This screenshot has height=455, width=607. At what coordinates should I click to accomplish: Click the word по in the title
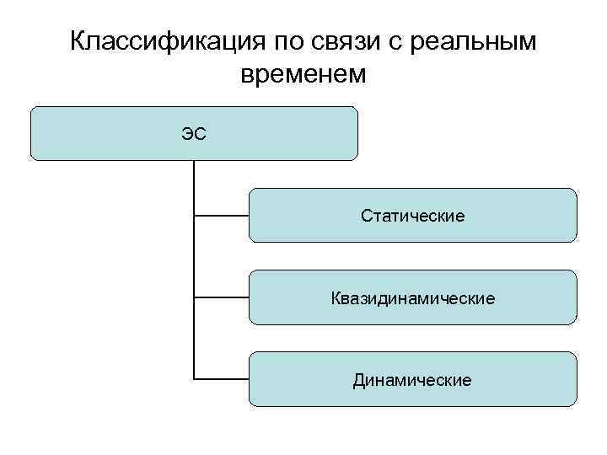click(288, 41)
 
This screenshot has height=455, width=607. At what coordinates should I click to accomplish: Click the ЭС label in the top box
click(194, 133)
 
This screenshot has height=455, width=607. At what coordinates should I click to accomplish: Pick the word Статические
click(412, 217)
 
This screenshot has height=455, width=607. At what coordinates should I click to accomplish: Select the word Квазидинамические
click(412, 298)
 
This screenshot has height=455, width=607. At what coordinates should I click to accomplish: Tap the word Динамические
click(412, 380)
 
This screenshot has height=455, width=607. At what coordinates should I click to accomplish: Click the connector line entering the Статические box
click(222, 216)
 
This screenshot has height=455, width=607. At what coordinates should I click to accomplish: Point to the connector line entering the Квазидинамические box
click(222, 297)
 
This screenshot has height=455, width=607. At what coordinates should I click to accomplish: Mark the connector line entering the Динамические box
click(222, 378)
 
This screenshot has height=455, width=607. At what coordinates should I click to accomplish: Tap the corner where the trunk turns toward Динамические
click(194, 378)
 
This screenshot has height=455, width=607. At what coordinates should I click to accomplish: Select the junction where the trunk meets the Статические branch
click(194, 216)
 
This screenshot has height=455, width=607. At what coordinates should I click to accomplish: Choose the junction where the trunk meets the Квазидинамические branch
click(194, 297)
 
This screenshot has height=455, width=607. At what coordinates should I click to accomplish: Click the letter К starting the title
click(78, 41)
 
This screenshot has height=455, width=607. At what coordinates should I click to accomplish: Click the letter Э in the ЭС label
click(188, 133)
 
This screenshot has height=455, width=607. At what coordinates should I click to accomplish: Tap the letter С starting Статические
click(366, 217)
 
